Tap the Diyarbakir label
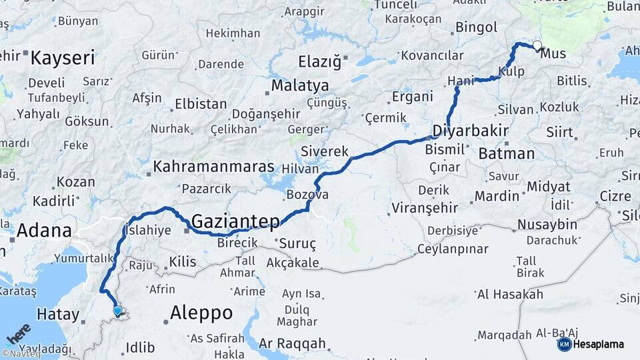(x=471, y=130)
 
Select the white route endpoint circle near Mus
(x=537, y=46)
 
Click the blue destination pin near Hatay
(x=117, y=310)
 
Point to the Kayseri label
(x=63, y=58)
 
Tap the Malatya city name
(x=300, y=86)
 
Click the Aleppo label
(x=201, y=312)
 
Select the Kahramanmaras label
(x=213, y=167)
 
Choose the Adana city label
(x=44, y=231)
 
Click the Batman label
(x=506, y=153)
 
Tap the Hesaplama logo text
(x=599, y=345)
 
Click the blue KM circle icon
(x=564, y=345)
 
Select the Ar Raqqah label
(x=292, y=344)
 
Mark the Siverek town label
(x=325, y=151)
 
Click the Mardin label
(x=496, y=196)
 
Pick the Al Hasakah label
(x=510, y=294)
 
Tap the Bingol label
(x=476, y=27)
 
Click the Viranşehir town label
(x=425, y=207)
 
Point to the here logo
(x=19, y=333)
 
